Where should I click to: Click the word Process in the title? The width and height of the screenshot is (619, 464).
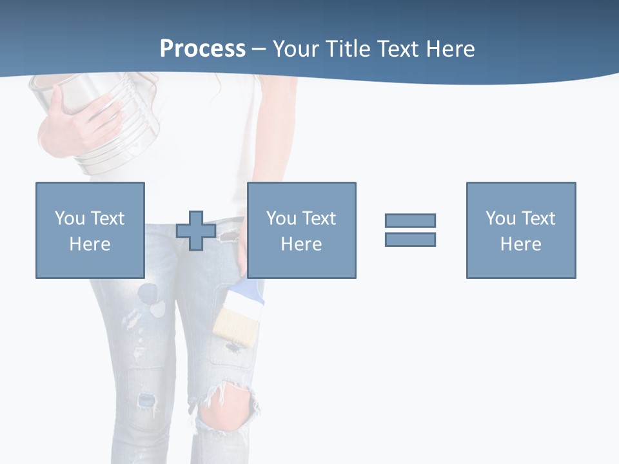[x=202, y=48]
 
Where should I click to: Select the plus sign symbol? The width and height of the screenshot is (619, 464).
[x=196, y=231]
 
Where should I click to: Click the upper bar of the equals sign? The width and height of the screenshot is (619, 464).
[x=410, y=220]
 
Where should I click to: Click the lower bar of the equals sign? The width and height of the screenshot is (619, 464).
[x=410, y=239]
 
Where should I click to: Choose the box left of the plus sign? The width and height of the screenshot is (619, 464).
[x=90, y=230]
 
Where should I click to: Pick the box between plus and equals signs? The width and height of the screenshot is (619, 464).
[x=301, y=230]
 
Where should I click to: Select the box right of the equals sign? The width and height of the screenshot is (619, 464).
[x=520, y=230]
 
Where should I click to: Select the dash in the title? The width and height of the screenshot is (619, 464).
[x=259, y=49]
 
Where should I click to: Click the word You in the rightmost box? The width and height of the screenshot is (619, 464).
[x=500, y=218]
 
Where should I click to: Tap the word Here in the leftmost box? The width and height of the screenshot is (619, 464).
[x=90, y=244]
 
